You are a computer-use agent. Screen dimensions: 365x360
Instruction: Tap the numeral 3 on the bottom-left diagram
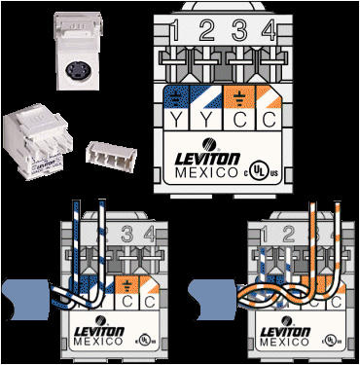pos(129,235)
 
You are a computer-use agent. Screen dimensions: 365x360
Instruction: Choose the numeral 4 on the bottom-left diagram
pos(148,235)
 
